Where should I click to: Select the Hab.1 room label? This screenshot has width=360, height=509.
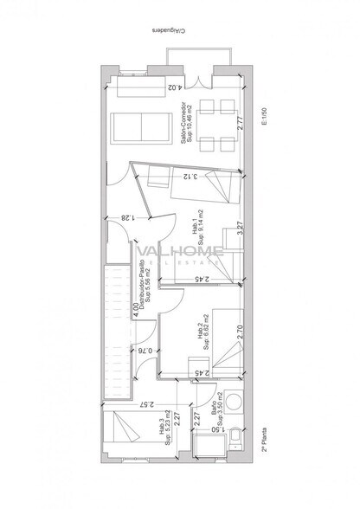(196, 223)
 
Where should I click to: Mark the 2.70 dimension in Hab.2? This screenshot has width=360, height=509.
(239, 331)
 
